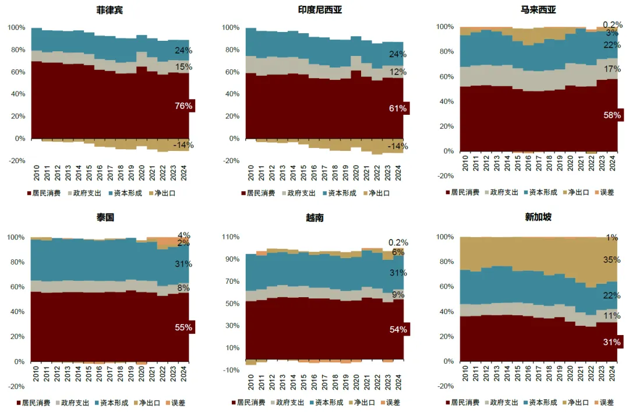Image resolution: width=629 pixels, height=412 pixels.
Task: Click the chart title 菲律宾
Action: coord(109,10)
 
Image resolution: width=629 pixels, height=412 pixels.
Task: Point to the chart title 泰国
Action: coord(105,217)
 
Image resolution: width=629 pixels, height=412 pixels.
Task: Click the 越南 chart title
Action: coord(314,217)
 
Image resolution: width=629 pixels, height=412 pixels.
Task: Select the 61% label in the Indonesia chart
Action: coord(398,108)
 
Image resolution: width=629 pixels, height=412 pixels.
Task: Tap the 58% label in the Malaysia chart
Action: coord(612,115)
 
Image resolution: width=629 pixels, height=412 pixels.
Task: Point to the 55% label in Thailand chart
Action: coord(183,328)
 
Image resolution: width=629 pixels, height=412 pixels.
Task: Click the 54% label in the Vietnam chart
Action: coord(398,330)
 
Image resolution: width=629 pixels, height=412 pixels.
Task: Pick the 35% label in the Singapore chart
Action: coord(612,260)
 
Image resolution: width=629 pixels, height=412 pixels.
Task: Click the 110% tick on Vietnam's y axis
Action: coord(231,237)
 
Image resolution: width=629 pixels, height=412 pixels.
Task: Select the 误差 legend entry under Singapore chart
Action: coord(606,402)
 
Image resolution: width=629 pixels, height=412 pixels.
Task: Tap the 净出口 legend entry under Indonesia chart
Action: coord(378,193)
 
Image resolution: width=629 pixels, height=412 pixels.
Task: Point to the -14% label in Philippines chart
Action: coord(184,145)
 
